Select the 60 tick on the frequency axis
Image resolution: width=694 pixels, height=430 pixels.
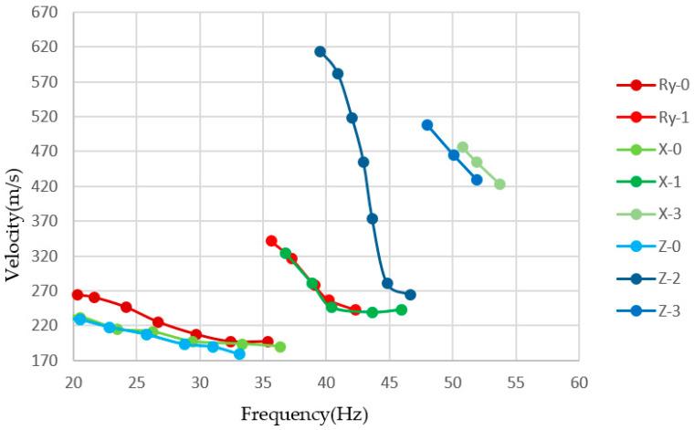coord(578,379)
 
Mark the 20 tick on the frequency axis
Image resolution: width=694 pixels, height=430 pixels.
coord(74,379)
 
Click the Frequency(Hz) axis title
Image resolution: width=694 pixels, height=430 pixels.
coord(304,414)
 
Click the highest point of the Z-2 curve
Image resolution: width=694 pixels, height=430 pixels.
coord(320,52)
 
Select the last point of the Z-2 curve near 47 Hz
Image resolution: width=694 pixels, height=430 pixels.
coord(410,295)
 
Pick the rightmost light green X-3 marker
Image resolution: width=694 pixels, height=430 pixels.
coord(499,184)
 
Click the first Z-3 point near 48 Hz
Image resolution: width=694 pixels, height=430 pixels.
coord(427,125)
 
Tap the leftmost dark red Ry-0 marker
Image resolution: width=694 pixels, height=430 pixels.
coord(78,295)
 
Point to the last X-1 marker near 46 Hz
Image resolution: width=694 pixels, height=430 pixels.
coord(401,309)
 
